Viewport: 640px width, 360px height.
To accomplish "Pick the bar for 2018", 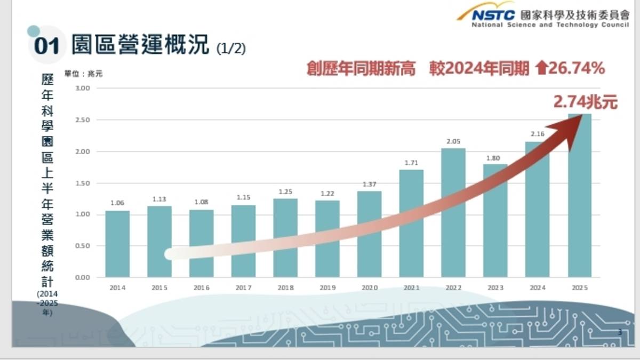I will coord(285,237).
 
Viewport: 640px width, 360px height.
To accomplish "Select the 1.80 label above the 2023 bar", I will coord(494,157).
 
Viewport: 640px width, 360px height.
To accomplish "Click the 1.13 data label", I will coord(159,199).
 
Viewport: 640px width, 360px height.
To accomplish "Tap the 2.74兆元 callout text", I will coord(585,101).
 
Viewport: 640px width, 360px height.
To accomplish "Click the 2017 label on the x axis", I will coord(243,288).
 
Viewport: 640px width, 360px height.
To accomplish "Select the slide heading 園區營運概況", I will coord(141,45).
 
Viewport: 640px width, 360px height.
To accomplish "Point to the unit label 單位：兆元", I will coord(84,74).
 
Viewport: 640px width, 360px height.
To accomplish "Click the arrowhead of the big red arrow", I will coord(572,129).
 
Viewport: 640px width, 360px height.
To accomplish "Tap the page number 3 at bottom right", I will coord(620,332).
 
